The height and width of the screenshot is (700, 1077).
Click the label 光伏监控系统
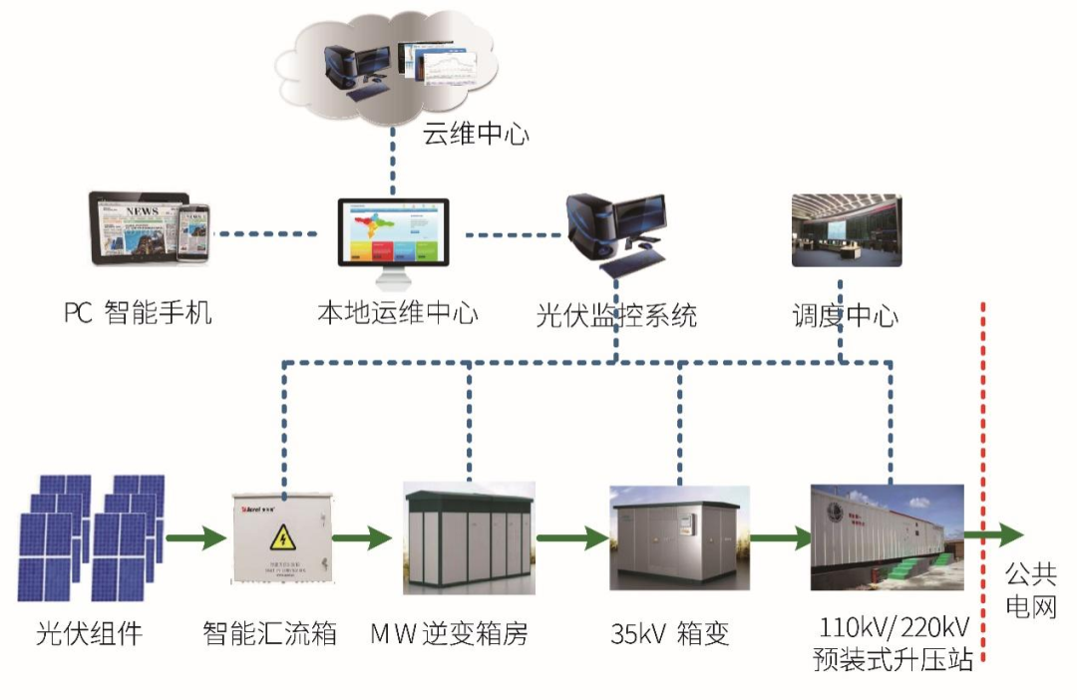point(616,316)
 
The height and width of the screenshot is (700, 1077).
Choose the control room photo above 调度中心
point(847,230)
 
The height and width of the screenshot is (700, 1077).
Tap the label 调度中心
point(845,315)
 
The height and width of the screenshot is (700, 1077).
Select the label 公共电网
point(1029,589)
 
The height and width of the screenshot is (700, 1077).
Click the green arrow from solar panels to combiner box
point(194,539)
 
